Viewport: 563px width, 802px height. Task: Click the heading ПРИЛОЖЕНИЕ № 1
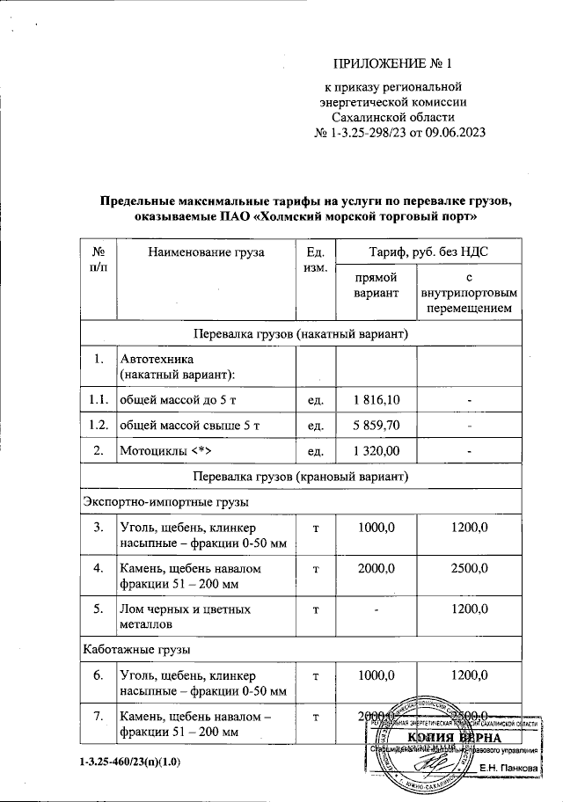(392, 64)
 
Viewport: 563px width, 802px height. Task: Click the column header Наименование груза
(206, 252)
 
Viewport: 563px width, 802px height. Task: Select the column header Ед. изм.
(314, 259)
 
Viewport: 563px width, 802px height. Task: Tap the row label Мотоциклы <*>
(165, 451)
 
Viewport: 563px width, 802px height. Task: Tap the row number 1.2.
(99, 426)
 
